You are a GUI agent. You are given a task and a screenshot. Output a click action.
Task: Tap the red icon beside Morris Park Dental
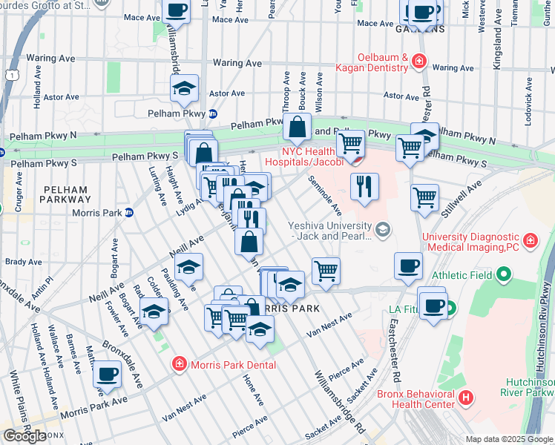point(178,364)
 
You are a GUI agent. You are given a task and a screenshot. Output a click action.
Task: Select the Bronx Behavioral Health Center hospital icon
point(465,398)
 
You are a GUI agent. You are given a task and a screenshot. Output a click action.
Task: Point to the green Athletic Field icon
point(504,275)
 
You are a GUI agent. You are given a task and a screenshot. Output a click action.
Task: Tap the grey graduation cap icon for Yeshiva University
point(382,228)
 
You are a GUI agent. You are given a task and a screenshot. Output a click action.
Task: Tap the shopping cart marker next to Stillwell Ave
point(424,197)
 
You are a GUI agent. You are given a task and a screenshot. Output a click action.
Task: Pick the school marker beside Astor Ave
point(183,88)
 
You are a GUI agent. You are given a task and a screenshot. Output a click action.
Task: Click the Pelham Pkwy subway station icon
point(212,113)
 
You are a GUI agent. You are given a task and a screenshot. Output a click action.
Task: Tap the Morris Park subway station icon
point(128,213)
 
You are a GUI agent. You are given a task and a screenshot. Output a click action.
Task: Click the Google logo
point(24,436)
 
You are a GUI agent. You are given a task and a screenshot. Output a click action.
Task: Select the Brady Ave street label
point(24,262)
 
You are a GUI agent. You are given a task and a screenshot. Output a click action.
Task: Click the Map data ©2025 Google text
point(509,439)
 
